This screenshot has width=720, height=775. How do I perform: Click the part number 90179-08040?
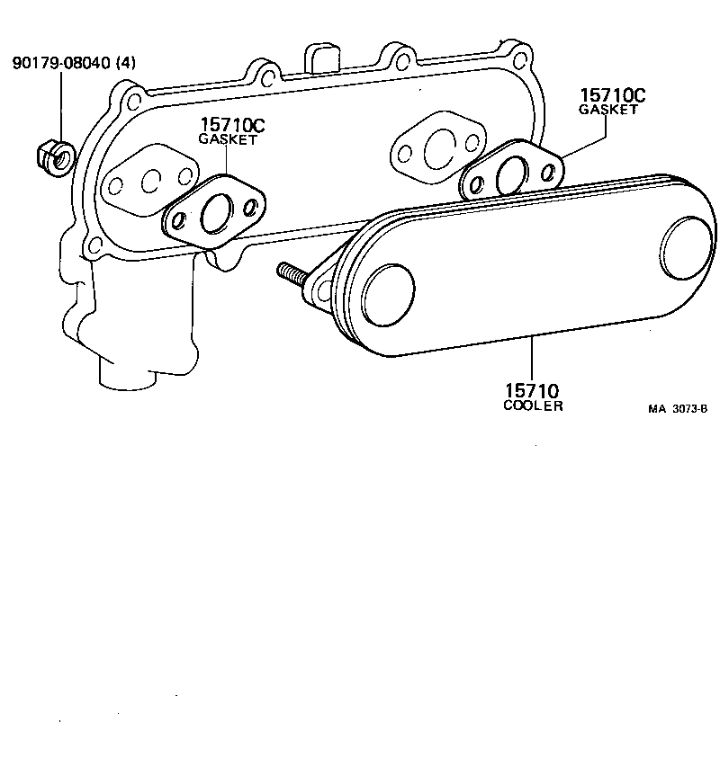(60, 65)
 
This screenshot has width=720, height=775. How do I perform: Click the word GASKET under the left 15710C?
(227, 140)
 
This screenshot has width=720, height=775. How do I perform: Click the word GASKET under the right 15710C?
(608, 110)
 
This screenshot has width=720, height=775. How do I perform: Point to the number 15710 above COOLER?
(532, 391)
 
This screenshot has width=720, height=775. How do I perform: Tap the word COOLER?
(533, 405)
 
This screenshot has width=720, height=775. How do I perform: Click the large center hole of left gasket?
(217, 213)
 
